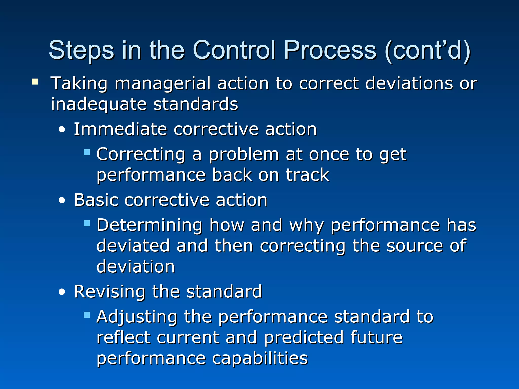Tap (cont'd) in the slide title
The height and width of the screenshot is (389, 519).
(x=428, y=51)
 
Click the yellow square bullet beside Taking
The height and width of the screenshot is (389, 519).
(x=35, y=82)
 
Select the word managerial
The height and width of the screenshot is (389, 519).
(x=163, y=84)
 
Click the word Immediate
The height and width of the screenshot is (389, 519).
(x=120, y=129)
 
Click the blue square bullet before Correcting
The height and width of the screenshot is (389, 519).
(x=87, y=152)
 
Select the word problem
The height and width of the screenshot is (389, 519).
(x=244, y=154)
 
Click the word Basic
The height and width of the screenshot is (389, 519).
(x=96, y=200)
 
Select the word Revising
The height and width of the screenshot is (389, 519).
(x=109, y=291)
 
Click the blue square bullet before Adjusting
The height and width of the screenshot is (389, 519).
(x=87, y=315)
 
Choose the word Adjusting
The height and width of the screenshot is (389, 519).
(x=137, y=317)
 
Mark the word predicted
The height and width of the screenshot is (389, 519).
(x=304, y=338)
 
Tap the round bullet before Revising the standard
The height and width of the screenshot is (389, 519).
(x=62, y=292)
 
